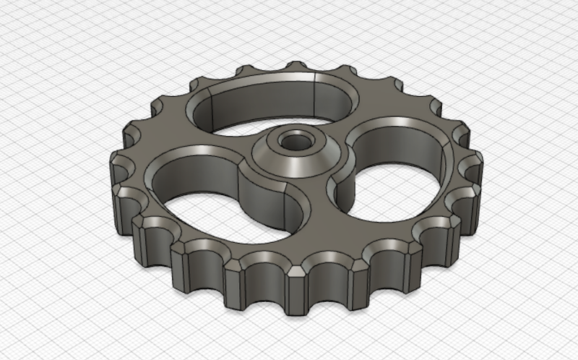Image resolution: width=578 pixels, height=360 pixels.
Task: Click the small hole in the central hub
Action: tap(293, 141)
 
